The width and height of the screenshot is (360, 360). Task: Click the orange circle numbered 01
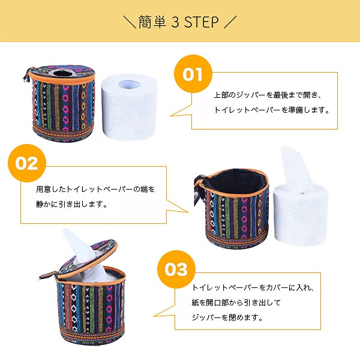[193, 74]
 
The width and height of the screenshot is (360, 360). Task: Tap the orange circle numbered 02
[27, 163]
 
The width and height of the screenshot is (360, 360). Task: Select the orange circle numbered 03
[176, 269]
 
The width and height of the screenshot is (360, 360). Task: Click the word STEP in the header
[202, 22]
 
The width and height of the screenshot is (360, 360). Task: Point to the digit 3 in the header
[175, 22]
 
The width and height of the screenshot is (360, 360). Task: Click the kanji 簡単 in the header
[152, 22]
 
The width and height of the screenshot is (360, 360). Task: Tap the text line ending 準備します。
[272, 110]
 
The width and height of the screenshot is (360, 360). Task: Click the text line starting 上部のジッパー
[268, 95]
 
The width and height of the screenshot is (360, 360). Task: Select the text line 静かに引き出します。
[71, 204]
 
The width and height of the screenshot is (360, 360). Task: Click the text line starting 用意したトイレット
[95, 189]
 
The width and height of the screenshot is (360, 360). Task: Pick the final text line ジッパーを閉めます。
[227, 317]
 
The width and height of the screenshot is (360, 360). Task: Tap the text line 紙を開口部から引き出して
[236, 302]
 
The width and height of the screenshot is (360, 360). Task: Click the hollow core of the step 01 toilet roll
[129, 84]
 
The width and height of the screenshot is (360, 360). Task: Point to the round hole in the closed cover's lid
[62, 73]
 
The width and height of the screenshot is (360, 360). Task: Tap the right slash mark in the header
[230, 22]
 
